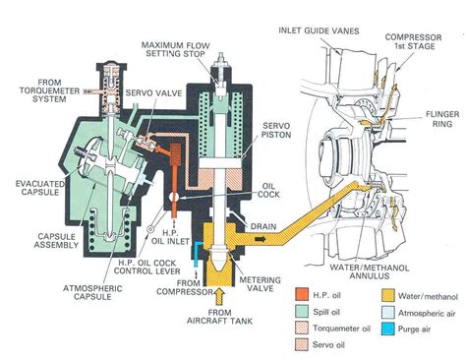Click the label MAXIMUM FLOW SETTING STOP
point(183,50)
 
